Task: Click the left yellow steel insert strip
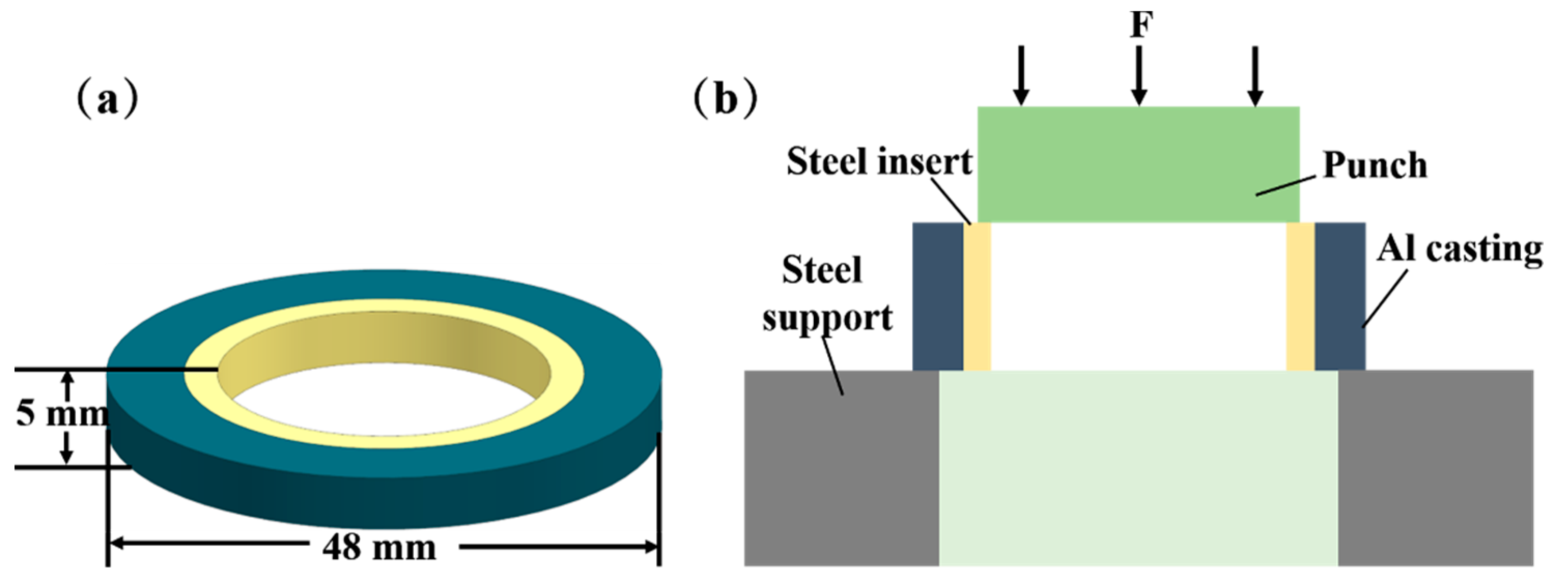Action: tap(977, 296)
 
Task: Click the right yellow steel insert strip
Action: tap(1300, 296)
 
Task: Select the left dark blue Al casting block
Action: tap(938, 296)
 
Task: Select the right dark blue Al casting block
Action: tap(1339, 296)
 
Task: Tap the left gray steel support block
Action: tap(841, 468)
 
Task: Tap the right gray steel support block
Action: tap(1435, 468)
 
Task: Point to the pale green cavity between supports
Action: tap(1138, 468)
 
